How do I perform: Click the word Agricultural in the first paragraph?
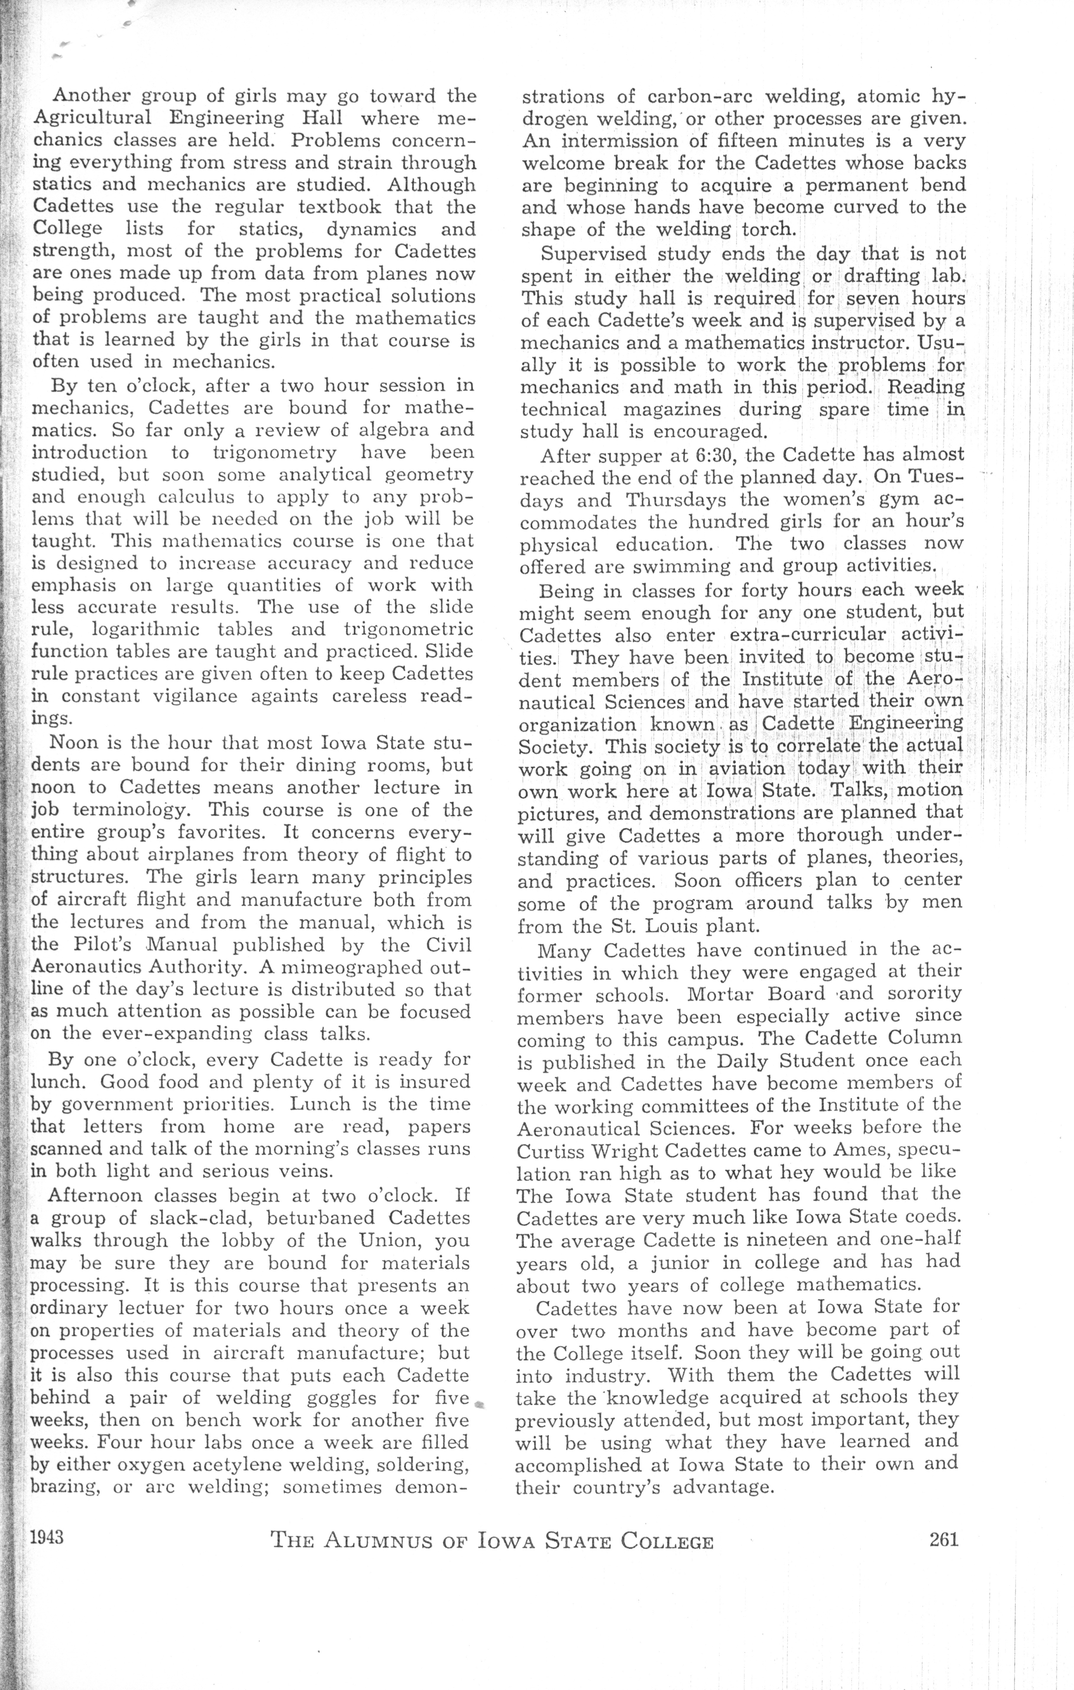point(92,118)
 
